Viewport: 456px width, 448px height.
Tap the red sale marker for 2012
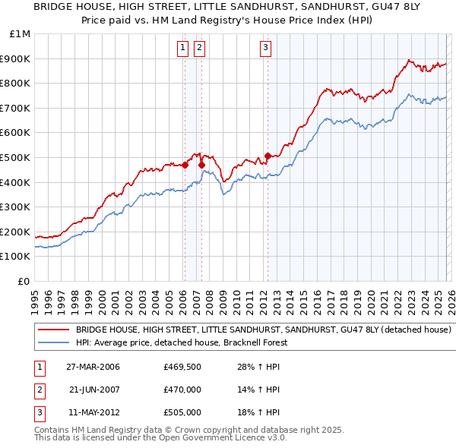click(x=268, y=156)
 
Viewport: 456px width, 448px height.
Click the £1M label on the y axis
click(x=21, y=34)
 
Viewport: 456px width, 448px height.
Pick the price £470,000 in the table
click(x=182, y=390)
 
